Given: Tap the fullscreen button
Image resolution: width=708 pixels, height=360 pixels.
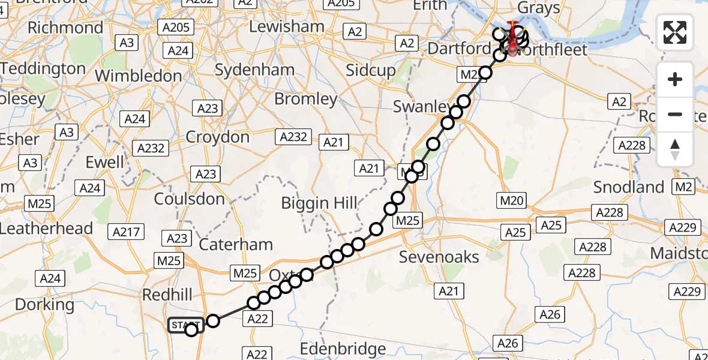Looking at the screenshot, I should pyautogui.click(x=675, y=32).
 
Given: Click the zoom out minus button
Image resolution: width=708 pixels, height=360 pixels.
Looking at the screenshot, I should pyautogui.click(x=675, y=114).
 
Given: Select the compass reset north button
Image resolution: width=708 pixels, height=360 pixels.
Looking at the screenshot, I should pyautogui.click(x=675, y=149).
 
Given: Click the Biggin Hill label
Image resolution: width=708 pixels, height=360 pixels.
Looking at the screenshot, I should pyautogui.click(x=320, y=203).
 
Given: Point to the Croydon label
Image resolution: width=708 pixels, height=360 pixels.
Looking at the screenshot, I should pyautogui.click(x=217, y=137).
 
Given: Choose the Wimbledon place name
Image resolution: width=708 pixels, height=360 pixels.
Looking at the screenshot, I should pyautogui.click(x=138, y=76).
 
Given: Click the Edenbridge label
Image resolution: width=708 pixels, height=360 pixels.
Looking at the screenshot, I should pyautogui.click(x=343, y=349).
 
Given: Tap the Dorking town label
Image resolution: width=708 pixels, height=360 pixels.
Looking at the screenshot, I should pyautogui.click(x=45, y=305).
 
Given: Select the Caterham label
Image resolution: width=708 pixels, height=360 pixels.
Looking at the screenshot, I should pyautogui.click(x=236, y=245).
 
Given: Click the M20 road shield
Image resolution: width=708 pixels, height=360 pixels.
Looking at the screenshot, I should pyautogui.click(x=512, y=201).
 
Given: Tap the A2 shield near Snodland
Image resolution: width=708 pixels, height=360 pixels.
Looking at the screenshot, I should pyautogui.click(x=619, y=102).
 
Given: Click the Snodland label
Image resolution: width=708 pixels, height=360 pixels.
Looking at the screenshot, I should pyautogui.click(x=629, y=187).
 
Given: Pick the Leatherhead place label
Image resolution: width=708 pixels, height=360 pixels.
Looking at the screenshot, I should pyautogui.click(x=47, y=229).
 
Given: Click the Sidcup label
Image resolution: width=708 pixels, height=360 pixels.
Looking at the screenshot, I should pyautogui.click(x=371, y=70).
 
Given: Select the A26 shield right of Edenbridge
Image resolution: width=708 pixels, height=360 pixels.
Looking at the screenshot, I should pyautogui.click(x=508, y=343).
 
